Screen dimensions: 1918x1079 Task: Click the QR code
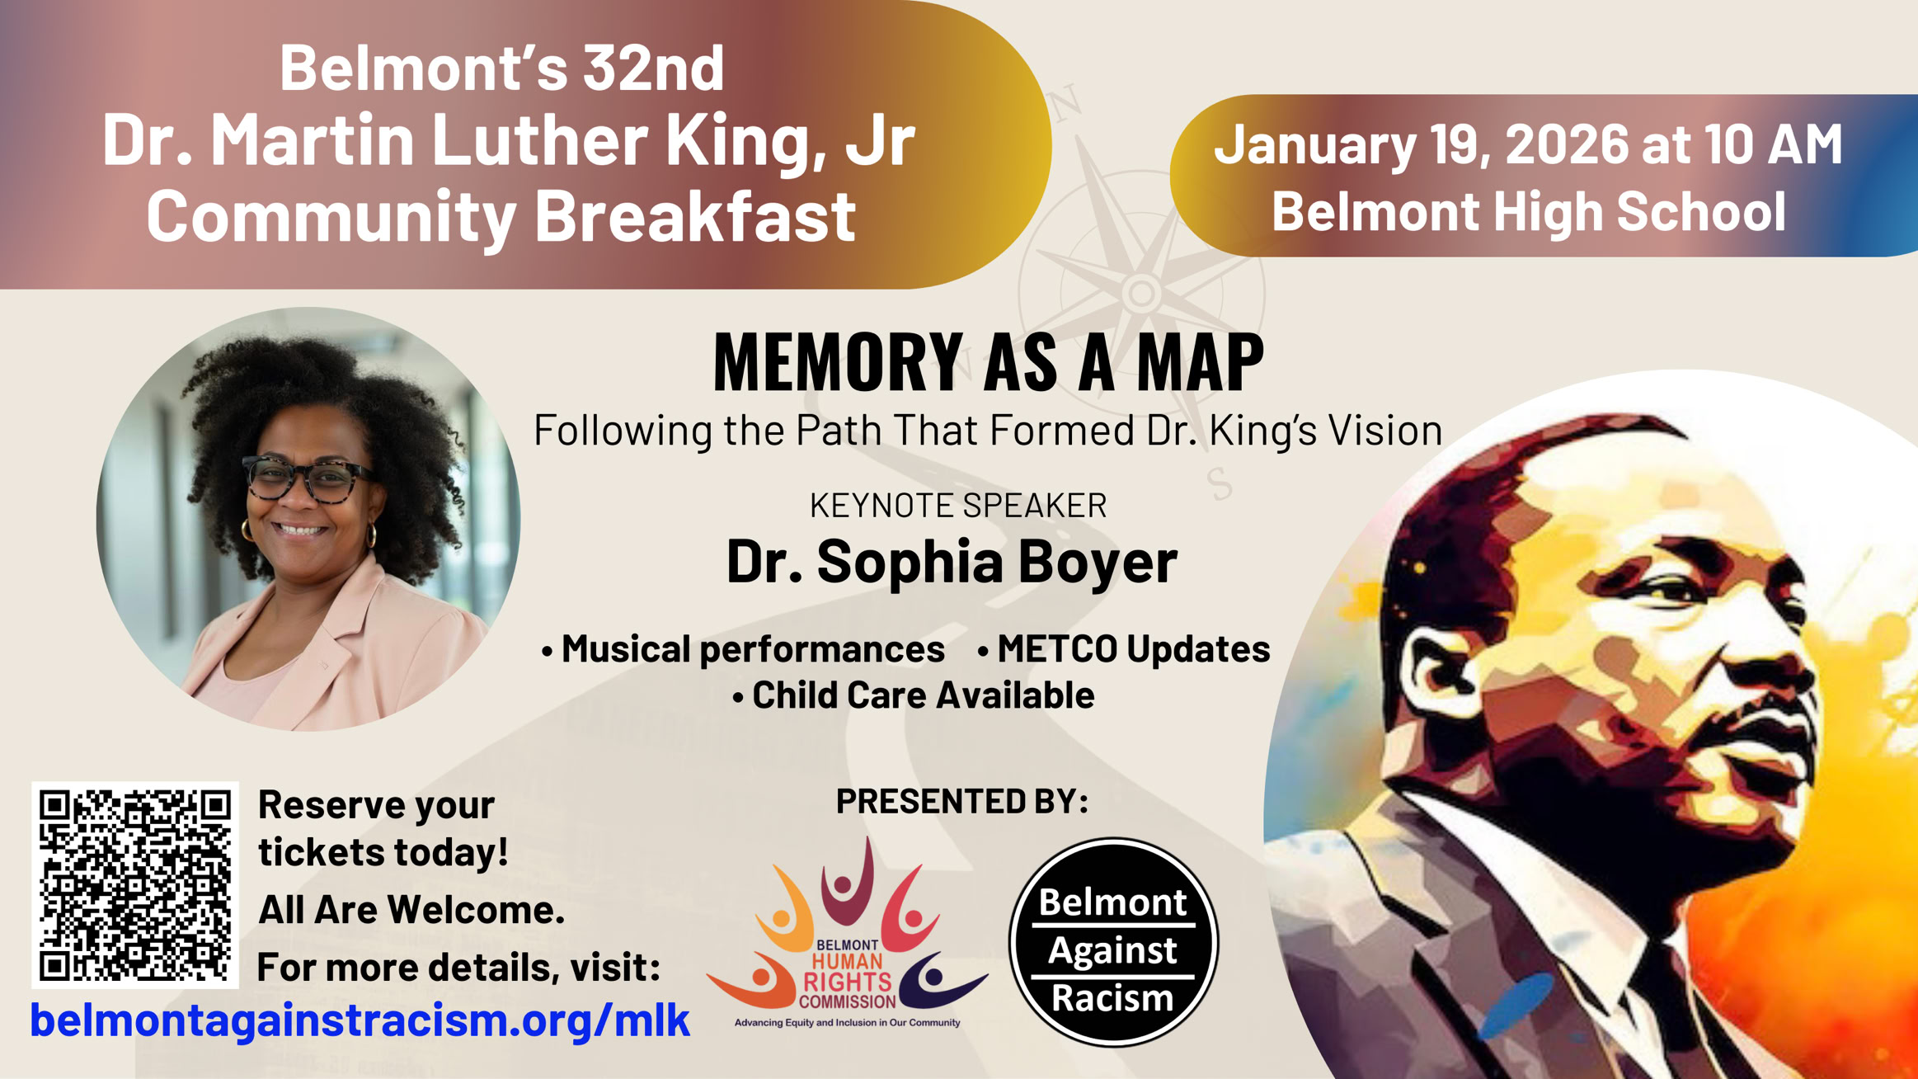coord(135,884)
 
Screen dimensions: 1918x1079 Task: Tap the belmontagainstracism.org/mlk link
coord(360,1020)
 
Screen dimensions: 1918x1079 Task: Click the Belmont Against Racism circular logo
coord(1113,942)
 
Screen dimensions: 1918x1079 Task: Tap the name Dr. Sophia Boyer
coord(952,562)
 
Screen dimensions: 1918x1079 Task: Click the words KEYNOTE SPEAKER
coord(958,505)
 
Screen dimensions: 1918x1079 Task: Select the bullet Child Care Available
coord(913,695)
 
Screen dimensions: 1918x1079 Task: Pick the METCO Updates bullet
coord(1123,649)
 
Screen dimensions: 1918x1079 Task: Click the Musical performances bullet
coord(743,649)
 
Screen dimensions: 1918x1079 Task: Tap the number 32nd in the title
coord(654,67)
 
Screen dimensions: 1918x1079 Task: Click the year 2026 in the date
coord(1568,144)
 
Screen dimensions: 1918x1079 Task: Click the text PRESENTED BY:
coord(962,801)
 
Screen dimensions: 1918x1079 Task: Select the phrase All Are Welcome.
coord(411,910)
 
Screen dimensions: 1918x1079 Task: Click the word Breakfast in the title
coord(695,216)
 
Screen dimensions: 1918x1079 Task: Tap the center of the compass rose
coord(1141,292)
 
